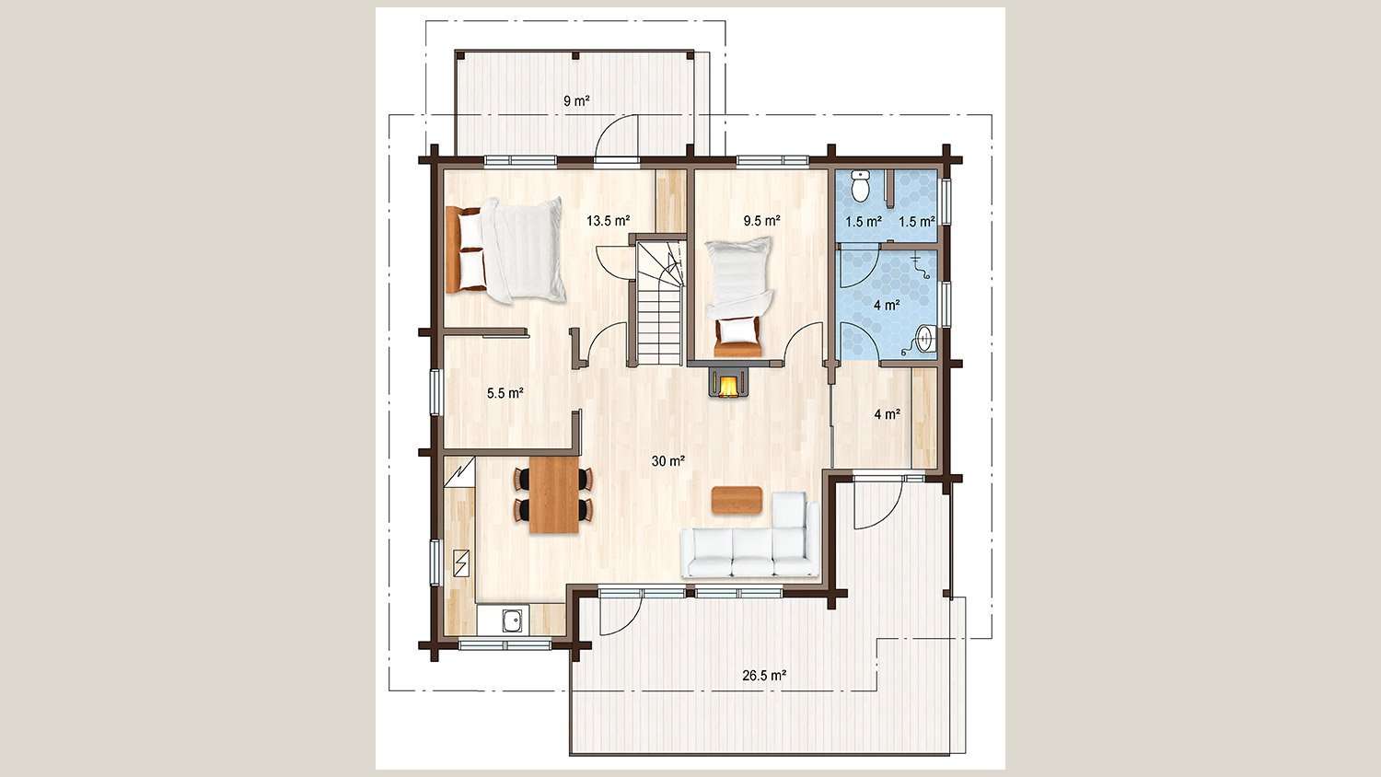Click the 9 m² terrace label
tap(576, 101)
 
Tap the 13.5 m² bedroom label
tap(608, 221)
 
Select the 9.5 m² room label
tap(762, 221)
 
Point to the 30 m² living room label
tap(669, 461)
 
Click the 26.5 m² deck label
tap(764, 675)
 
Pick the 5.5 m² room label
tap(505, 393)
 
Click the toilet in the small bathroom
tap(861, 185)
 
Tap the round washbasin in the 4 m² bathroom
tap(925, 339)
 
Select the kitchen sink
tap(512, 620)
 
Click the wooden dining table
tap(554, 494)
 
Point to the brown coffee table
tap(737, 500)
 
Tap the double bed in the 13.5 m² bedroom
tap(505, 249)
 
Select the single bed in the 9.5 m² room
tap(738, 296)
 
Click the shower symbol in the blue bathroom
tap(920, 266)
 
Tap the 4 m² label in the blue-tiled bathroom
tap(888, 304)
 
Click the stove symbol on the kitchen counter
tap(460, 563)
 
